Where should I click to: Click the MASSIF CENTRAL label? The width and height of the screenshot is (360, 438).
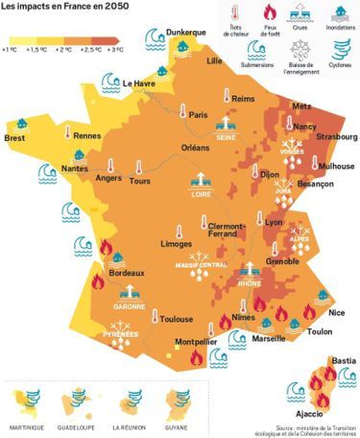201,265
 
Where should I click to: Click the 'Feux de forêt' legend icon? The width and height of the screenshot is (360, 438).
268,16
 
